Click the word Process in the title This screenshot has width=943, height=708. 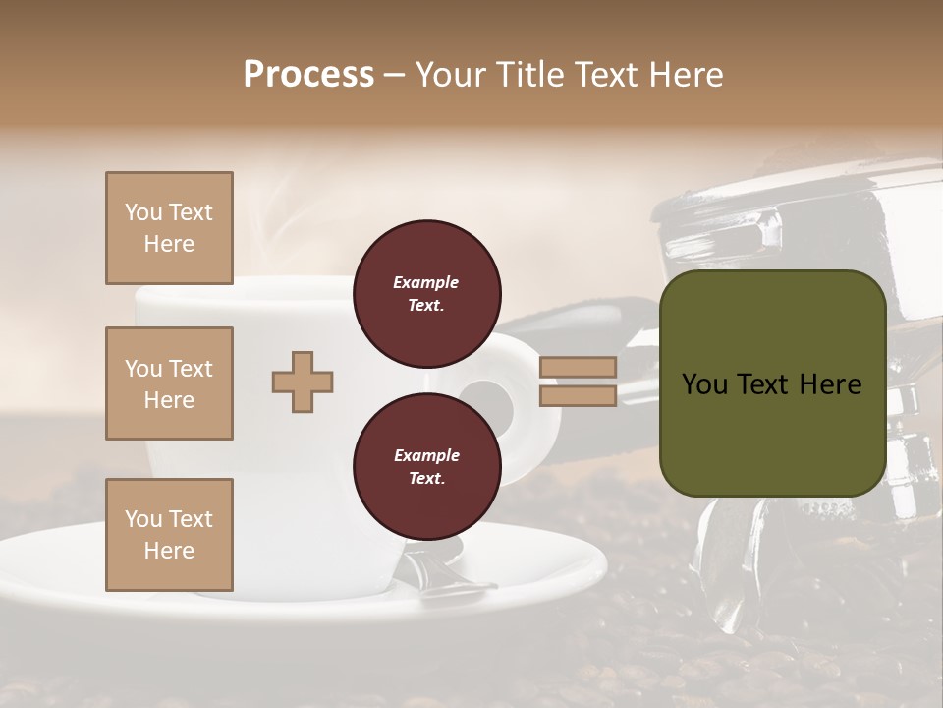[x=308, y=75]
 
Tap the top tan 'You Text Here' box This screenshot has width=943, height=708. [x=169, y=228]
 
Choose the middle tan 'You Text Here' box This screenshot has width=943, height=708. [x=169, y=383]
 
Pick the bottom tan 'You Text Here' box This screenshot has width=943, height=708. [x=169, y=535]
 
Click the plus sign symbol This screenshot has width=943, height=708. [x=303, y=381]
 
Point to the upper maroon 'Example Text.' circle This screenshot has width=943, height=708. [x=426, y=294]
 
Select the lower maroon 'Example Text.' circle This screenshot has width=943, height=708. [x=426, y=467]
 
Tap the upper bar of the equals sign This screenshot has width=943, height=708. [x=579, y=367]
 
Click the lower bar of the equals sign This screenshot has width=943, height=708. [x=579, y=395]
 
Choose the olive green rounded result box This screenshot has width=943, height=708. [x=772, y=383]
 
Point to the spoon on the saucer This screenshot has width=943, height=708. [x=442, y=575]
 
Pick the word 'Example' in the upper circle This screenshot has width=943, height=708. [x=426, y=283]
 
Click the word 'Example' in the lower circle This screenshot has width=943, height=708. [x=426, y=456]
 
